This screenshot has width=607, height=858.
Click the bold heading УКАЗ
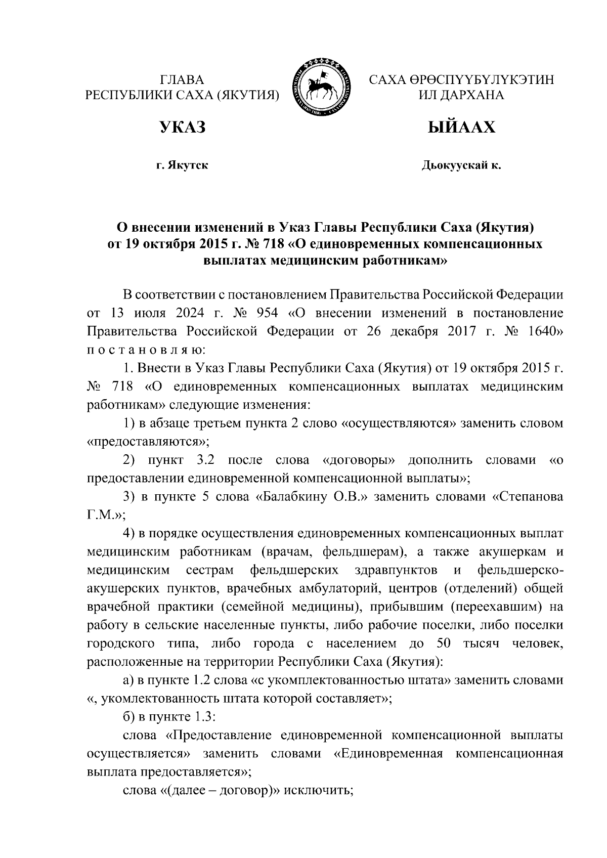(x=182, y=127)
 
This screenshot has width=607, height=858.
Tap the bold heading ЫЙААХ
(x=461, y=127)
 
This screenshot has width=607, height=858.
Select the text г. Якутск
(x=182, y=165)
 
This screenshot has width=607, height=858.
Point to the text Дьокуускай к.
(x=461, y=165)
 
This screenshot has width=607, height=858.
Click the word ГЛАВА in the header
(x=182, y=80)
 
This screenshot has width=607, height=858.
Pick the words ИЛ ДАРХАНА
(x=461, y=95)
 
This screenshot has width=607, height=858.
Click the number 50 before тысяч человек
(x=442, y=643)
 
